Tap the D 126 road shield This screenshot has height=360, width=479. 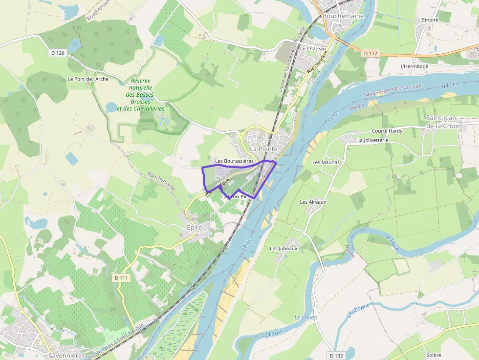point(57,53)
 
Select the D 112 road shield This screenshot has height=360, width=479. point(371,53)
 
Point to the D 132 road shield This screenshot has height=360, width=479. point(337,356)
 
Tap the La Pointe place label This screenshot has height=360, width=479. point(263,148)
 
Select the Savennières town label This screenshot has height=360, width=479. point(66,355)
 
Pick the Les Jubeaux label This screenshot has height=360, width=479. point(283,249)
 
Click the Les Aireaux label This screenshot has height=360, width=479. point(313,202)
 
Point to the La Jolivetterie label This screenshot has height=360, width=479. point(372,140)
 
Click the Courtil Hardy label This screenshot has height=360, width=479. point(387,131)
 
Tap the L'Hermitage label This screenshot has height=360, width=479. point(414,66)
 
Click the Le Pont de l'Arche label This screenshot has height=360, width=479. point(88,79)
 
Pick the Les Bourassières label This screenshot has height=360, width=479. point(234,161)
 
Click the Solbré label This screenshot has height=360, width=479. point(434,355)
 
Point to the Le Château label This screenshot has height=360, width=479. point(312,49)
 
